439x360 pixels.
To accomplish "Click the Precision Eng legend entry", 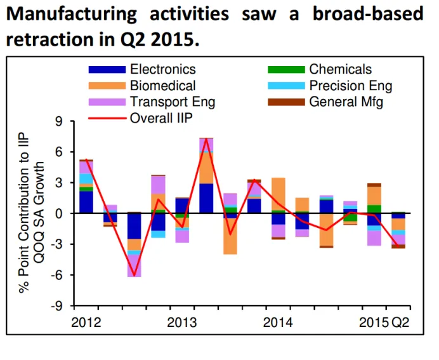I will [350, 86].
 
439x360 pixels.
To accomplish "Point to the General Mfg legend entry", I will [346, 102].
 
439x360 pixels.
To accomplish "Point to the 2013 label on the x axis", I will [181, 322].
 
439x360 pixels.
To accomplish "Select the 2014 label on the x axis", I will [277, 322].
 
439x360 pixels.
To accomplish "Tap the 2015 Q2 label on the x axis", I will [384, 322].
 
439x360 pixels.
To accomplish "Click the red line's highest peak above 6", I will [206, 138].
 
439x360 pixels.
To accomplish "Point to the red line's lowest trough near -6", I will [134, 276].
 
